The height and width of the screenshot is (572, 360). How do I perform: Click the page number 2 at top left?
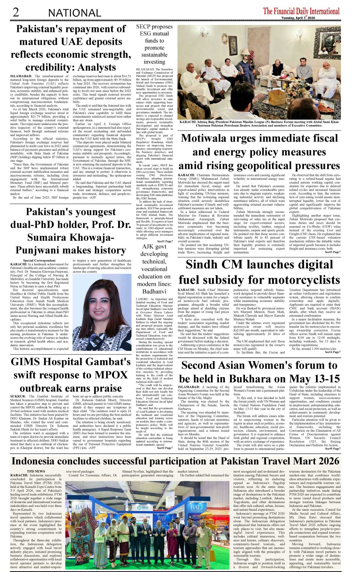tap(16, 12)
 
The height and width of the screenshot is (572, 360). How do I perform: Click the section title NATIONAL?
tap(74, 13)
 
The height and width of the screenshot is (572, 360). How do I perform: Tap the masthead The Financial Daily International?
tap(301, 11)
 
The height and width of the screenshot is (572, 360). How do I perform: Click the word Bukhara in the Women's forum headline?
tap(257, 379)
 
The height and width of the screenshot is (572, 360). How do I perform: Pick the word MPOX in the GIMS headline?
tap(110, 375)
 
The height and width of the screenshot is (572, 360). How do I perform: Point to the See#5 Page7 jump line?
tap(332, 449)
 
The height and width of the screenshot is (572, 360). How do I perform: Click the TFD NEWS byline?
tap(36, 471)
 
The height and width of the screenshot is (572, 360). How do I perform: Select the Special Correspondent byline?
tap(39, 260)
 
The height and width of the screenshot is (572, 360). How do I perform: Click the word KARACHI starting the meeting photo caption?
tap(187, 122)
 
